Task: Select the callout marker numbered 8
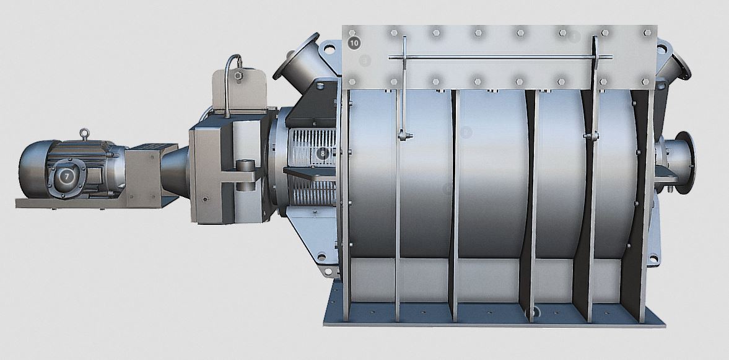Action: click(x=321, y=152)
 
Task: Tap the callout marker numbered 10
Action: click(x=354, y=43)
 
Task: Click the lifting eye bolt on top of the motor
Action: click(x=84, y=134)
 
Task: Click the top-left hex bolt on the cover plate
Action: click(x=352, y=32)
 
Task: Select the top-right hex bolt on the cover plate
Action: click(x=648, y=32)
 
